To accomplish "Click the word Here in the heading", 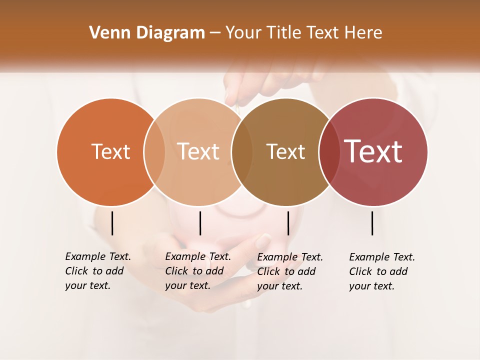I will [363, 33].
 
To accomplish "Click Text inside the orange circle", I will [110, 151].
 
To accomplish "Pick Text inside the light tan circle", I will [198, 151].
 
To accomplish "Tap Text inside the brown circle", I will [285, 151].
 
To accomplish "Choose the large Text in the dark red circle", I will [373, 151].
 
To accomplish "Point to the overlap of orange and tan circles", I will [154, 152].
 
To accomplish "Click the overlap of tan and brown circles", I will [241, 152].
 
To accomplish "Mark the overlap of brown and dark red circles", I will [328, 152].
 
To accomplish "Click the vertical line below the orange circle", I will [112, 223].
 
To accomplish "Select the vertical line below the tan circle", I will [200, 223].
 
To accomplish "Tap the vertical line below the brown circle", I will [288, 223].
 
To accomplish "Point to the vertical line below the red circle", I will [372, 223].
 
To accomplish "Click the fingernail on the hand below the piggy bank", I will [263, 241].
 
